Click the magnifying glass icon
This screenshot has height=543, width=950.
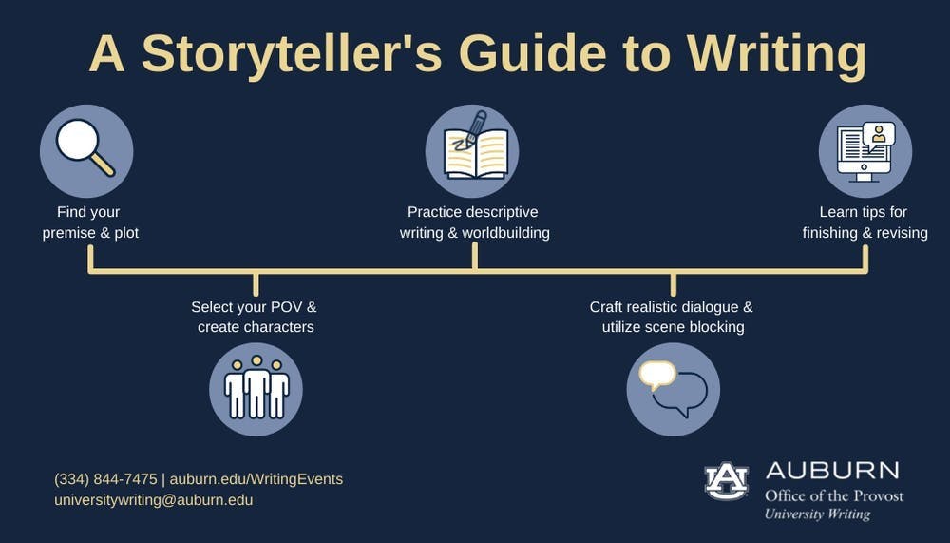85,150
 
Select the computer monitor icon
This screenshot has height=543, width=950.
864,150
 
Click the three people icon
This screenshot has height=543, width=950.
256,388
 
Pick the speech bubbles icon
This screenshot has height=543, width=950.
673,388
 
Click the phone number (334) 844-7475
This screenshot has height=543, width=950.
105,479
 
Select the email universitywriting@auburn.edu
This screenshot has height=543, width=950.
153,499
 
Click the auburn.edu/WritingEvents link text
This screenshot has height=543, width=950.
256,479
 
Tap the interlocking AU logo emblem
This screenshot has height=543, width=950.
726,481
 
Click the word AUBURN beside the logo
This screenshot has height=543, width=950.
831,471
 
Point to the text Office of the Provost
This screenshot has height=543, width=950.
834,495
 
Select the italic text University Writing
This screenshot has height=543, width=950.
817,514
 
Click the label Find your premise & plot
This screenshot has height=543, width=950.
89,223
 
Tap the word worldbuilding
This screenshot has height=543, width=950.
505,233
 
